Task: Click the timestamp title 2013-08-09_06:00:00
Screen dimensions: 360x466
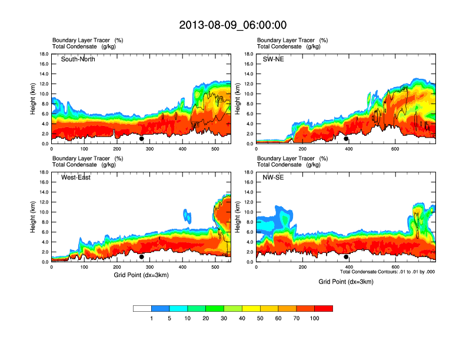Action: pyautogui.click(x=233, y=25)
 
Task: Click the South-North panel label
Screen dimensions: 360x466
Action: pyautogui.click(x=78, y=59)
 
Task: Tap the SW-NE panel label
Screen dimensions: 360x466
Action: pyautogui.click(x=274, y=59)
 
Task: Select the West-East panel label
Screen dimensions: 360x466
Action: pyautogui.click(x=76, y=178)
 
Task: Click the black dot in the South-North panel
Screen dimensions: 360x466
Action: pyautogui.click(x=142, y=139)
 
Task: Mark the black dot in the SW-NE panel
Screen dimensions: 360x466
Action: pyautogui.click(x=347, y=139)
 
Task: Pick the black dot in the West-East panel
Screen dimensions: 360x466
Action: pyautogui.click(x=142, y=257)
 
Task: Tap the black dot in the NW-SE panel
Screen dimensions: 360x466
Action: pyautogui.click(x=347, y=257)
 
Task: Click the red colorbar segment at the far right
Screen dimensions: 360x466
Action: pyautogui.click(x=324, y=308)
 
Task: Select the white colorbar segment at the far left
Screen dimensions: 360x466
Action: pyautogui.click(x=142, y=308)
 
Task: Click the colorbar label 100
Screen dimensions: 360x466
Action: pyautogui.click(x=315, y=318)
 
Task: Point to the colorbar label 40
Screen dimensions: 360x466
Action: pyautogui.click(x=242, y=318)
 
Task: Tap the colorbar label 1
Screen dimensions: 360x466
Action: pyautogui.click(x=152, y=318)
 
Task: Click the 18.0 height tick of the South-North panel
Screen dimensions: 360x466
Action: pyautogui.click(x=44, y=54)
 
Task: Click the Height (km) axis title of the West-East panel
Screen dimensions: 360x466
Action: pyautogui.click(x=32, y=217)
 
